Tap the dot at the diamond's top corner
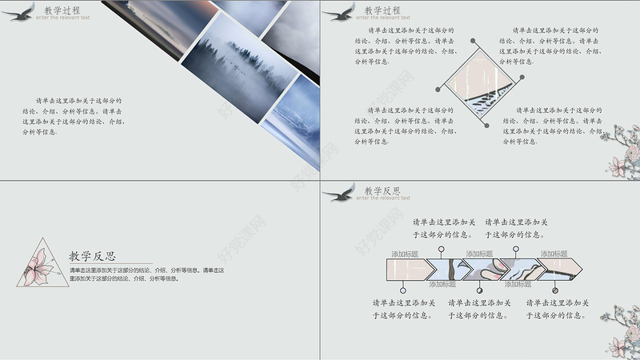coord(481,40)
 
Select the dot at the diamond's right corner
coord(522,78)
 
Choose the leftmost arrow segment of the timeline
coord(409,268)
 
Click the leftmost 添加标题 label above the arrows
coord(405,254)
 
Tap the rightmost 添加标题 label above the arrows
coord(554,254)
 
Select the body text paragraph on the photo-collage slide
coord(74,116)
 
